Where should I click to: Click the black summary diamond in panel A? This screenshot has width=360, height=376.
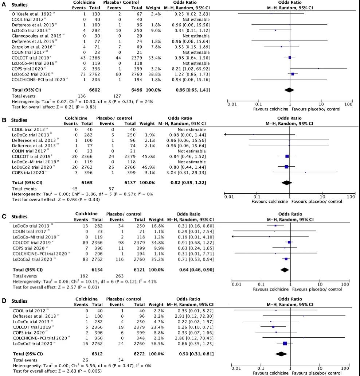pyautogui.click(x=289, y=89)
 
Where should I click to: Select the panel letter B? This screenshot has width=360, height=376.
pyautogui.click(x=3, y=119)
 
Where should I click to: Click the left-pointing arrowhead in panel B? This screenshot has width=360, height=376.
pyautogui.click(x=226, y=135)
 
